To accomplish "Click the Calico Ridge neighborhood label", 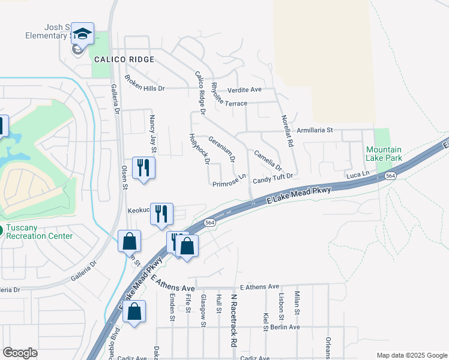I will [x=124, y=59].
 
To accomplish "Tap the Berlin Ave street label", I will [x=285, y=327].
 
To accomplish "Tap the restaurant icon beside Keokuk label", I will [x=161, y=214].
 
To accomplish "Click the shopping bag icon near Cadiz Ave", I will [x=134, y=311].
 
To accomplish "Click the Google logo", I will [x=20, y=353].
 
